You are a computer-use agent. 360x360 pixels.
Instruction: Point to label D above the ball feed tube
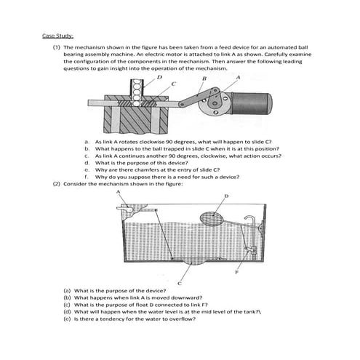click(x=159, y=77)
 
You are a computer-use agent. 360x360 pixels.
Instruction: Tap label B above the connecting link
click(x=204, y=78)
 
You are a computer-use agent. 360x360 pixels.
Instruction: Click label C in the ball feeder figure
click(x=173, y=84)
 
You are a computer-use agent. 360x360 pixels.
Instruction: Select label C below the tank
click(x=180, y=281)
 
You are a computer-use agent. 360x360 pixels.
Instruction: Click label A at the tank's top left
click(x=119, y=191)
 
